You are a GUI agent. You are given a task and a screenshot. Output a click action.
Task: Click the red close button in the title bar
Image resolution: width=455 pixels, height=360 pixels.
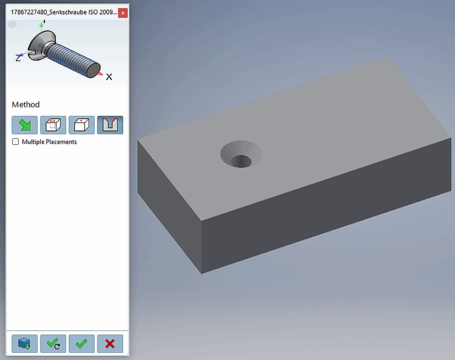pos(123,13)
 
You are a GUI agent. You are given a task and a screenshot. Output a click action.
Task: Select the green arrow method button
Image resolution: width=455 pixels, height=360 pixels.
pos(25,125)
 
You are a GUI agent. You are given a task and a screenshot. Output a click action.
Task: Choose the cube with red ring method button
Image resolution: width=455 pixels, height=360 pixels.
pos(53,125)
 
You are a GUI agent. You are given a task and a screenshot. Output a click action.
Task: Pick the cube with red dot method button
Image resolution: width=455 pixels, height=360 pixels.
pos(81,125)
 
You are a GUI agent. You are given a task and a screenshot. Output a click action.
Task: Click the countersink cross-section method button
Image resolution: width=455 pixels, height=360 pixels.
pos(110,125)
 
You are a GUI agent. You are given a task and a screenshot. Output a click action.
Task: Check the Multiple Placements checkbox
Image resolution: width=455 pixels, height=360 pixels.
pos(15,142)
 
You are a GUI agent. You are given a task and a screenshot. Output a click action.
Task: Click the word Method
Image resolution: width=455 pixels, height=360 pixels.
pos(25,104)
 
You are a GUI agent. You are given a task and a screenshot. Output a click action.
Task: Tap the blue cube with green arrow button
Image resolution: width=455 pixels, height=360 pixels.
pos(25,344)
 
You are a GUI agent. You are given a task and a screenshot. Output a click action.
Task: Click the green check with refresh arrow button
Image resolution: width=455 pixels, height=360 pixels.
pos(53,344)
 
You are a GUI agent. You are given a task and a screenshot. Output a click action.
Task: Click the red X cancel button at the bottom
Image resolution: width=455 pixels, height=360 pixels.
pos(110,344)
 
